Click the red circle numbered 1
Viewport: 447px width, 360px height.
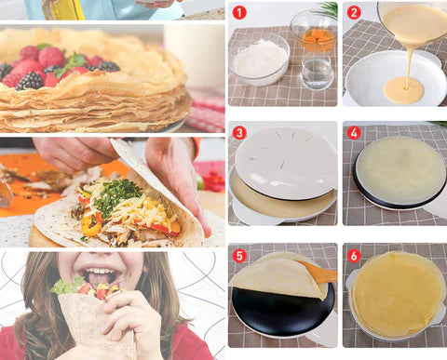pos(239,13)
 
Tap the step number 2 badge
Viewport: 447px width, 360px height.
pos(354,13)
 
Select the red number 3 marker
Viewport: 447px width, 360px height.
pos(239,133)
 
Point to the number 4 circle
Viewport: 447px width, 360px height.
pos(354,133)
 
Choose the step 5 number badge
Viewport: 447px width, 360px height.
pos(239,255)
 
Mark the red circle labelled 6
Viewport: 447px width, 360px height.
pos(354,255)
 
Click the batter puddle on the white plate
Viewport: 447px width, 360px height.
pos(404,90)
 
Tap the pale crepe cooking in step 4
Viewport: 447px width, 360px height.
pos(400,171)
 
